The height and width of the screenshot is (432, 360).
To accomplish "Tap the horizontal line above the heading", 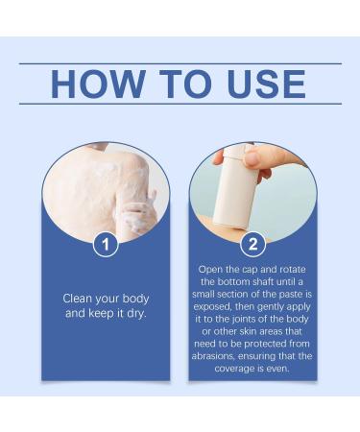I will coord(180,63).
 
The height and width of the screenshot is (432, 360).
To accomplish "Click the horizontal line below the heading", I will coord(180,104).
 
